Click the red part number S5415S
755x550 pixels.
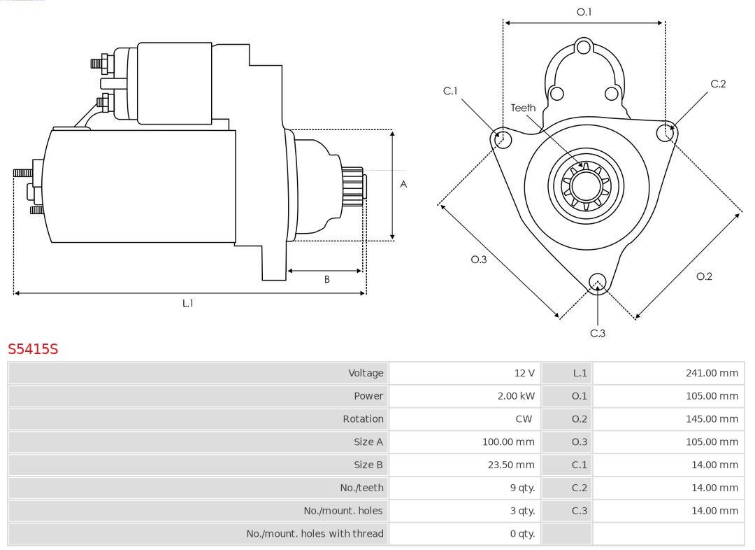pyautogui.click(x=33, y=348)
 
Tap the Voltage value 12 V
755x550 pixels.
pyautogui.click(x=524, y=373)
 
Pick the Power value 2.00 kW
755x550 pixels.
pyautogui.click(x=516, y=396)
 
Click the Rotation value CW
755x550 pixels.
pyautogui.click(x=524, y=419)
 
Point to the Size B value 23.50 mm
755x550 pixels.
pyautogui.click(x=511, y=465)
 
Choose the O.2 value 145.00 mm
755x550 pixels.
pyautogui.click(x=712, y=419)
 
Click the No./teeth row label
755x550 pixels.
pyautogui.click(x=361, y=488)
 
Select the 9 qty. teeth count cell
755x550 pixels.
pyautogui.click(x=465, y=488)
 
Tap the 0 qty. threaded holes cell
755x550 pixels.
pyautogui.click(x=465, y=534)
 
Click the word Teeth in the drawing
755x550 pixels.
pyautogui.click(x=523, y=108)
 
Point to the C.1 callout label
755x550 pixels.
pyautogui.click(x=450, y=91)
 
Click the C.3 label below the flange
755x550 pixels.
pyautogui.click(x=598, y=333)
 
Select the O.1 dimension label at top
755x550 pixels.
pyautogui.click(x=584, y=12)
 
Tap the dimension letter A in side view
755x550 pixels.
pyautogui.click(x=403, y=184)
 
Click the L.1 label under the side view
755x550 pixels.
pyautogui.click(x=187, y=303)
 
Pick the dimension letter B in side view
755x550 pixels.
pyautogui.click(x=327, y=279)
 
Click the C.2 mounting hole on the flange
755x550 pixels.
pyautogui.click(x=666, y=132)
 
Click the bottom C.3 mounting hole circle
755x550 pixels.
pyautogui.click(x=598, y=283)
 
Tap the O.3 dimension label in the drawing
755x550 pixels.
pyautogui.click(x=479, y=260)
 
